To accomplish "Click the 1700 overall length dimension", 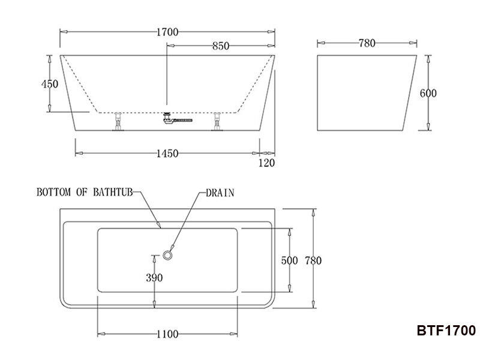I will [x=167, y=32].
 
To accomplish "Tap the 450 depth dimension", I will [x=50, y=84].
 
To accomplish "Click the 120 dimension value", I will [x=266, y=163].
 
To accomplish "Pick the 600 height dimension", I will [x=428, y=94].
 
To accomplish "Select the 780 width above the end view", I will [x=367, y=43].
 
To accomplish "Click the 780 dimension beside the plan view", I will [x=313, y=260].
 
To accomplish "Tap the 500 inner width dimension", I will [x=290, y=260].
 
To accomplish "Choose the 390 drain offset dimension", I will [x=154, y=277].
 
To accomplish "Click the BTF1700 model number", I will [x=446, y=331].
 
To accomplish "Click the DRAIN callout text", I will [x=220, y=193].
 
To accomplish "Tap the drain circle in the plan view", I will [x=167, y=256].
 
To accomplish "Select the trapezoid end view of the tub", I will [x=365, y=93].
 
